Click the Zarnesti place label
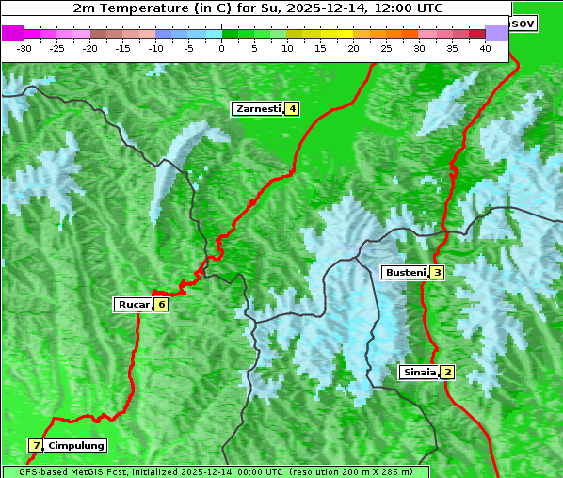pyautogui.click(x=258, y=109)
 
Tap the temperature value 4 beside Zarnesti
pyautogui.click(x=293, y=109)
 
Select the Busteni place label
pyautogui.click(x=405, y=273)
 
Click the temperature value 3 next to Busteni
pyautogui.click(x=438, y=273)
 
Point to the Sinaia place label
pyautogui.click(x=419, y=372)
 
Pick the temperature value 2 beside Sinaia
pyautogui.click(x=448, y=372)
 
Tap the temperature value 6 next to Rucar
pyautogui.click(x=162, y=304)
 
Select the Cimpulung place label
pyautogui.click(x=76, y=445)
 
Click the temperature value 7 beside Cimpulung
pyautogui.click(x=36, y=445)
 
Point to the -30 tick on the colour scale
pyautogui.click(x=24, y=48)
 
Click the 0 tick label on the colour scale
pyautogui.click(x=222, y=48)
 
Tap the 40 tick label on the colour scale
pyautogui.click(x=485, y=48)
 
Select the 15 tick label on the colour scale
pyautogui.click(x=320, y=48)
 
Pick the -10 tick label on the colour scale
pyautogui.click(x=155, y=48)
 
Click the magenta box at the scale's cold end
pyautogui.click(x=12, y=33)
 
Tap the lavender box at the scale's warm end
pyautogui.click(x=496, y=33)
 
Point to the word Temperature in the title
pyautogui.click(x=135, y=8)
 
